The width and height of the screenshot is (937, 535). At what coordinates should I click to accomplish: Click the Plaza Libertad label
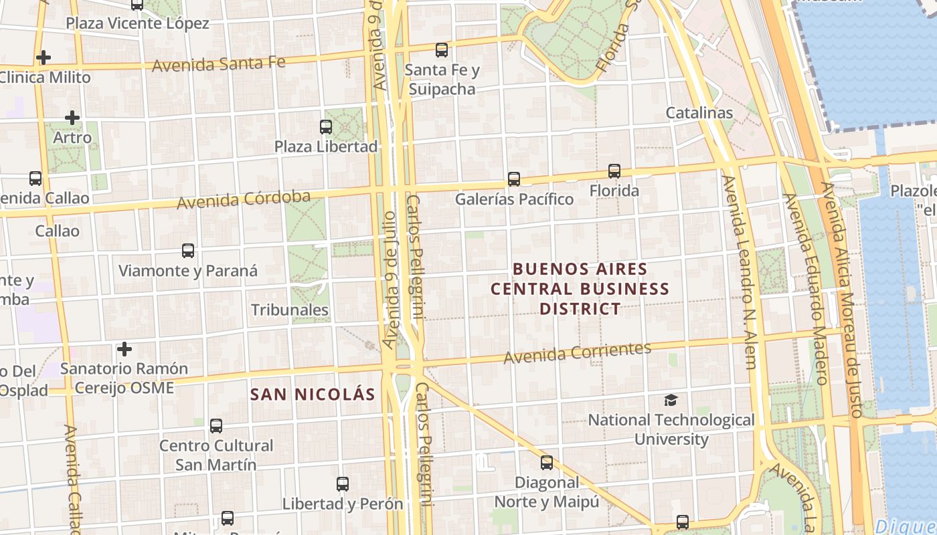coord(326,146)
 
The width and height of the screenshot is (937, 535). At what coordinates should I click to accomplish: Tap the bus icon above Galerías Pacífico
coord(513,179)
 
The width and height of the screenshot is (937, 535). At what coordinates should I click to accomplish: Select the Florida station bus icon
coord(614,171)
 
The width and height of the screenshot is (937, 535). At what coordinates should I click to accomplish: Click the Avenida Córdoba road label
coord(244,199)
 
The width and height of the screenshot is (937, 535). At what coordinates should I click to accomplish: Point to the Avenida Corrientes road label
coord(577,352)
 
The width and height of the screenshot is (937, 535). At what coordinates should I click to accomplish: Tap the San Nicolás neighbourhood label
coord(313,395)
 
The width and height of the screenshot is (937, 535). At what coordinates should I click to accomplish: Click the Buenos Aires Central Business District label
coord(580,289)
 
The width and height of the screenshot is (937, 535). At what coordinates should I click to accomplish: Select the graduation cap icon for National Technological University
coord(671,400)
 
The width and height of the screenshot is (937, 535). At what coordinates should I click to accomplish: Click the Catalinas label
coord(699,113)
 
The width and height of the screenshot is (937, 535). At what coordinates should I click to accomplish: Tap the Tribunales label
coord(289,310)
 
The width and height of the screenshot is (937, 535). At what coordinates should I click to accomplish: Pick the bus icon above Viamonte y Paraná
coord(188,251)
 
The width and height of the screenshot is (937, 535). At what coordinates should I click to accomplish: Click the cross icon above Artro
coord(72,118)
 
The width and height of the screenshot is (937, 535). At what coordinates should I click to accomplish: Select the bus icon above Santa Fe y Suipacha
coord(441,49)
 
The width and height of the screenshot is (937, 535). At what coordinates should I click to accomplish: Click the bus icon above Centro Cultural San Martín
coord(216,425)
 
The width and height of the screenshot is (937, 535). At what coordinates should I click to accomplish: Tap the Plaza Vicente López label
coord(137,23)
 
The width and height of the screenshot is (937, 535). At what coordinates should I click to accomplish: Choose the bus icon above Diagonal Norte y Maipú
coord(547,462)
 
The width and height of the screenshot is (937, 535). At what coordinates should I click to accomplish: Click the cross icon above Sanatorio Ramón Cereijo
coord(124,349)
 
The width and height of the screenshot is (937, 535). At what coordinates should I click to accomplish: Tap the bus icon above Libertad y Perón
coord(342,484)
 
